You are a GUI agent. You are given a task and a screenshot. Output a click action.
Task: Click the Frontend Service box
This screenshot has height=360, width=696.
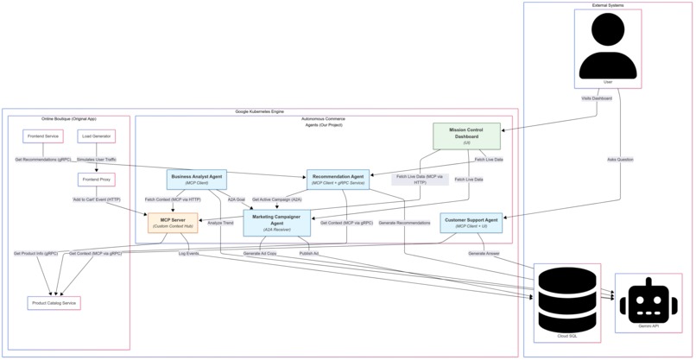42,136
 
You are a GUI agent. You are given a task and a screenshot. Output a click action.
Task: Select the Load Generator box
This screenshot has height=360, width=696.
96,136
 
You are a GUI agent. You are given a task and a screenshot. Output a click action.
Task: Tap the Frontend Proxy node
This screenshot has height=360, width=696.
96,180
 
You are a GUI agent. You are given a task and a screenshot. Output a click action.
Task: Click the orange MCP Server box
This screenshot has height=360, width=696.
173,223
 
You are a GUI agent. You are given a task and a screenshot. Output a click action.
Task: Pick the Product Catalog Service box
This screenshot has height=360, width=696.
54,303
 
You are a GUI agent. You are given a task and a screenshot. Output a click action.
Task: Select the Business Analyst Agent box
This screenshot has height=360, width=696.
197,180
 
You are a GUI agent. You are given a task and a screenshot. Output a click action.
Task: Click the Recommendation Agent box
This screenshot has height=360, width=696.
338,180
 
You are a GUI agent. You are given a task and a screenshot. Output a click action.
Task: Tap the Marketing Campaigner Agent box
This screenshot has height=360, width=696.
277,223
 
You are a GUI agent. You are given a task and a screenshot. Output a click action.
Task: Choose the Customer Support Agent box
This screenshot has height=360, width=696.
471,223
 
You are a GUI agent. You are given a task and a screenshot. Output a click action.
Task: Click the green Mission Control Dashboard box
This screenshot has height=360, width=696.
466,136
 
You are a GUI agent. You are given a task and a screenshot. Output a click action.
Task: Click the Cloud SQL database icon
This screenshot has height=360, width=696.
567,299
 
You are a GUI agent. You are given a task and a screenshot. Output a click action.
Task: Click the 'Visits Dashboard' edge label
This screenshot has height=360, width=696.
596,98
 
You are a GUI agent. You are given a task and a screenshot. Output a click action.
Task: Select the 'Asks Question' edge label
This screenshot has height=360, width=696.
619,160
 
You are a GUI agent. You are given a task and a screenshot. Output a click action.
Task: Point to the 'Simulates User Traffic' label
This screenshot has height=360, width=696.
96,160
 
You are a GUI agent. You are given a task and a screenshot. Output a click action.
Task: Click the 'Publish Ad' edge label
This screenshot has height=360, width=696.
308,254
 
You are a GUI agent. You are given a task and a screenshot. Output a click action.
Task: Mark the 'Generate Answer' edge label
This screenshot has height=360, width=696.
484,254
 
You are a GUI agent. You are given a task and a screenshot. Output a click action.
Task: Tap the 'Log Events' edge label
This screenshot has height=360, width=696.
188,254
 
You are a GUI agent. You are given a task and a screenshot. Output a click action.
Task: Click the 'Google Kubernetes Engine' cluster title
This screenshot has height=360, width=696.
259,111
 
